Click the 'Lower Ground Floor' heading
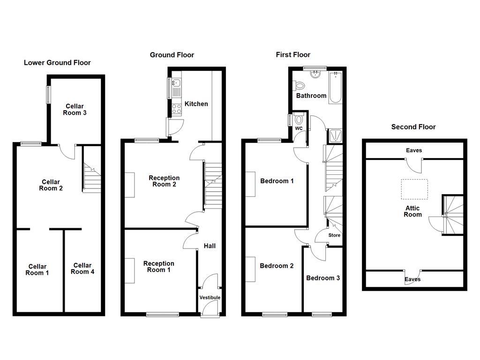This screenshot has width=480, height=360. click(57, 63)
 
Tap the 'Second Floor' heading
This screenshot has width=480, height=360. click(413, 127)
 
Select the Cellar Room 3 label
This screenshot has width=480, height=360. click(75, 110)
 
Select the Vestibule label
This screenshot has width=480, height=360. click(210, 298)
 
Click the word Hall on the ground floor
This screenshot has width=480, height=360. click(210, 246)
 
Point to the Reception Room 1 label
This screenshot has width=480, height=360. click(158, 267)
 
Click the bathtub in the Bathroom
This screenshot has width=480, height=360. click(335, 88)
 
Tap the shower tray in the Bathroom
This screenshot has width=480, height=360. click(336, 135)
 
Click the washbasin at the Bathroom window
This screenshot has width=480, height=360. click(315, 74)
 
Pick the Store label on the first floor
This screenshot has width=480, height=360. click(334, 235)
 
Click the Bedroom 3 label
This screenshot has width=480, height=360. click(323, 278)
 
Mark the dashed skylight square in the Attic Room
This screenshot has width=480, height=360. click(414, 189)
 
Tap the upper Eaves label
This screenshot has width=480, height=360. click(414, 150)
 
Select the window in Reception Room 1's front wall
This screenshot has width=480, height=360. click(162, 315)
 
